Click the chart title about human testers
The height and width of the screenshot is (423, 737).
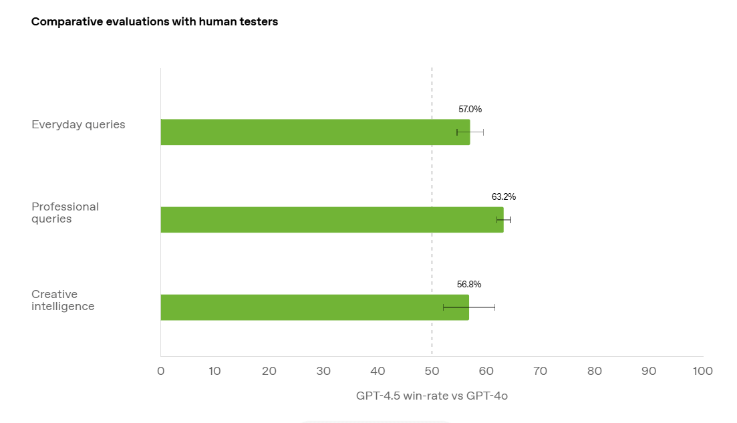point(154,21)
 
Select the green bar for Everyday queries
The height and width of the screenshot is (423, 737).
point(314,132)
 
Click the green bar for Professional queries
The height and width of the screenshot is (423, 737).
point(331,220)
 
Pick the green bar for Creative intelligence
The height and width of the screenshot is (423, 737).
point(314,307)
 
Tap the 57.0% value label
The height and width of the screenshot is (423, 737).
point(470,109)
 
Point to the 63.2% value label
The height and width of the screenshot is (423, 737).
point(504,197)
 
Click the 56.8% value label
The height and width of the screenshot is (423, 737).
point(469,284)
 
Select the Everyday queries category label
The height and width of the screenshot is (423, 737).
point(78,125)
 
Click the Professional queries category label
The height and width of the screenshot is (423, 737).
point(65,213)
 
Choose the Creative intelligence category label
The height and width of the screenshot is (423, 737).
point(63,300)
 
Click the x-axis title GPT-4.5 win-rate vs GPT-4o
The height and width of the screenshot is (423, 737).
point(432,396)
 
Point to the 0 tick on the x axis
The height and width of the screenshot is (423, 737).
point(160,372)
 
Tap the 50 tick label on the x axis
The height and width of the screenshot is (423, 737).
point(432,372)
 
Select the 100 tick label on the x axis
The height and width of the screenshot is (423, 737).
point(703,372)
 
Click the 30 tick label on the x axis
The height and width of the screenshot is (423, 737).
point(323,372)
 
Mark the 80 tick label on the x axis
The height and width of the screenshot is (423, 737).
point(595,372)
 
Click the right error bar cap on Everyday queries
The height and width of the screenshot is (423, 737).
point(483,132)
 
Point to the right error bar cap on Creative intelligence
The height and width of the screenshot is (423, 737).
point(494,307)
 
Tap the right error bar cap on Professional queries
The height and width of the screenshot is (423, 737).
point(510,220)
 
